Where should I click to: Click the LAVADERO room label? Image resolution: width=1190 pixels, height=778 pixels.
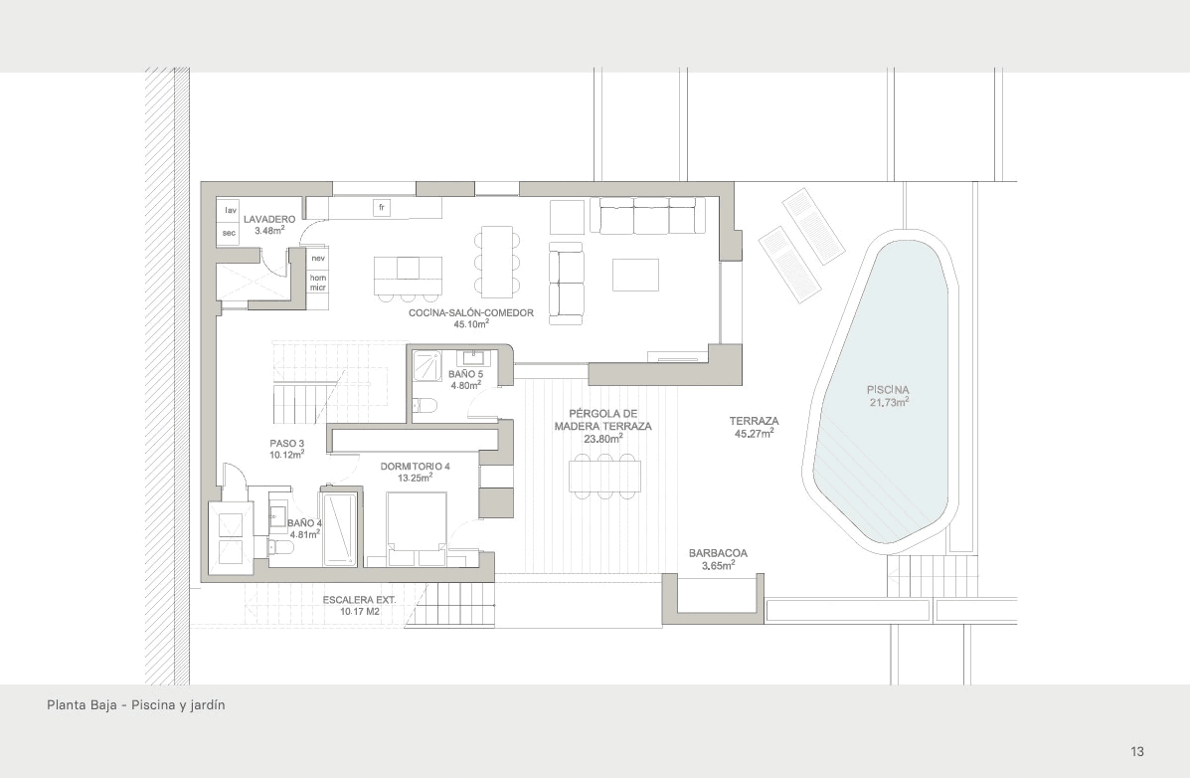tap(269, 219)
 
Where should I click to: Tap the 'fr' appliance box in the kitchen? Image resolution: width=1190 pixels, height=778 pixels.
tap(382, 207)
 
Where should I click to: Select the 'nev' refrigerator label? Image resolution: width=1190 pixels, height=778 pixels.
tap(318, 259)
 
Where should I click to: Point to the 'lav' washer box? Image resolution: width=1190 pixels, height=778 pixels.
tap(231, 211)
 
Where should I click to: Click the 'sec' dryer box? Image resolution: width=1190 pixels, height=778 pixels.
tap(230, 233)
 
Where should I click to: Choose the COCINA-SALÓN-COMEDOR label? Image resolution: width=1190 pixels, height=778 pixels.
tap(470, 313)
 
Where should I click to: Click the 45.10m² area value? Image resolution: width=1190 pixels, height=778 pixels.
tap(471, 324)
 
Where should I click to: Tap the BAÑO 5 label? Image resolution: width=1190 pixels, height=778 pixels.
tap(465, 374)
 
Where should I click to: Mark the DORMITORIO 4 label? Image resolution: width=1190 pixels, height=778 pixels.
tap(416, 467)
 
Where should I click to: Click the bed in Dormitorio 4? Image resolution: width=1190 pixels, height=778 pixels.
tap(417, 529)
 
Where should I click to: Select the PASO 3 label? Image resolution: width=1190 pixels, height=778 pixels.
tap(287, 444)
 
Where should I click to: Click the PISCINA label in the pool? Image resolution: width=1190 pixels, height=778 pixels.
tap(888, 391)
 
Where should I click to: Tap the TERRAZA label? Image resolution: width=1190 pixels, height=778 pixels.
tap(755, 421)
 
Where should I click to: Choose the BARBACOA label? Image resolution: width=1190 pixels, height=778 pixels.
tap(718, 553)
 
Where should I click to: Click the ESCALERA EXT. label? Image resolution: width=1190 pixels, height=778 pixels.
tap(359, 600)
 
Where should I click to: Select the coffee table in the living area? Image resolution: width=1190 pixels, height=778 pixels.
tap(636, 275)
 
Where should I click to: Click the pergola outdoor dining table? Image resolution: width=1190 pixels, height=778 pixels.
tap(604, 477)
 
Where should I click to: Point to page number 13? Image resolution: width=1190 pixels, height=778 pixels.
tap(1137, 751)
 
